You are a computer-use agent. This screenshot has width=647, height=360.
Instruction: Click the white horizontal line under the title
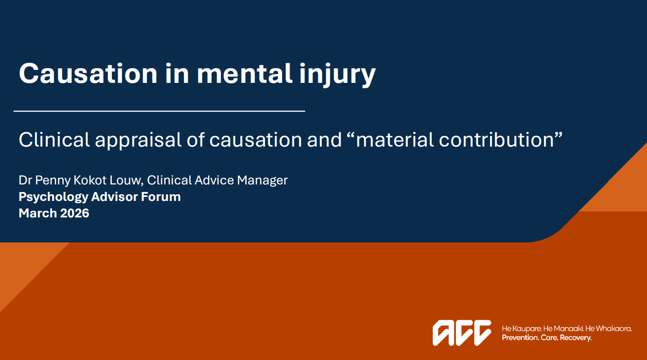(159, 111)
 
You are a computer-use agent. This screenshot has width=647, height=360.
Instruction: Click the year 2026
(74, 213)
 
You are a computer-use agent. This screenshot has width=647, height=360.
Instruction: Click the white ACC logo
(462, 332)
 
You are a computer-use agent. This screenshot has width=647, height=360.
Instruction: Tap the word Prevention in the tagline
(520, 338)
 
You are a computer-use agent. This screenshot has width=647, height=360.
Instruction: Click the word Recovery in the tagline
(576, 338)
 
